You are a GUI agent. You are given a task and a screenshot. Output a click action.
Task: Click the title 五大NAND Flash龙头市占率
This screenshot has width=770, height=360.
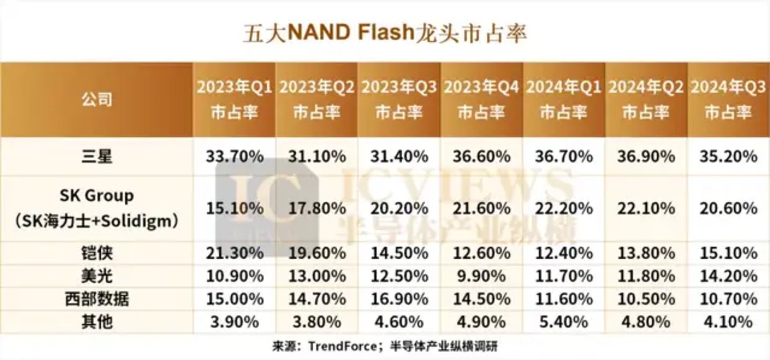click(x=385, y=33)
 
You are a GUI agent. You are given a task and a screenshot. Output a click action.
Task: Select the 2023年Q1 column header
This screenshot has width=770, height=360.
click(x=235, y=100)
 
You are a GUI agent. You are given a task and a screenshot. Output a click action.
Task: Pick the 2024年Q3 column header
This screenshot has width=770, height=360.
click(x=728, y=100)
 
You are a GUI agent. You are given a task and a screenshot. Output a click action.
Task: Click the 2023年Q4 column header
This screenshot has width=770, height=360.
click(x=481, y=100)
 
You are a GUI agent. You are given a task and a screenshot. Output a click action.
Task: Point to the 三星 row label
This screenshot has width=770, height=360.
click(x=96, y=157)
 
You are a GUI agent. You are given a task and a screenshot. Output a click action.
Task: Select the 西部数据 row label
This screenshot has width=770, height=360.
click(x=96, y=299)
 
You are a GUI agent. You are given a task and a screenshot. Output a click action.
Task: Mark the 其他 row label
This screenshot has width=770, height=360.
click(x=96, y=322)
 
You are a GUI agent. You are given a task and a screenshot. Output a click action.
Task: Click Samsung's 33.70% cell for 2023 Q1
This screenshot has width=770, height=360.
click(x=235, y=157)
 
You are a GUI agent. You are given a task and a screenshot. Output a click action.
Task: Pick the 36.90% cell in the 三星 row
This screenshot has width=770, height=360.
click(x=646, y=157)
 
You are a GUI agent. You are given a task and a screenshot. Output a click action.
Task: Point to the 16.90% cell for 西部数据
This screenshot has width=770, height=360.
click(x=399, y=299)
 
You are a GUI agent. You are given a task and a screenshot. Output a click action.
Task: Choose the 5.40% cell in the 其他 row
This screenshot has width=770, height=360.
click(x=563, y=322)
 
